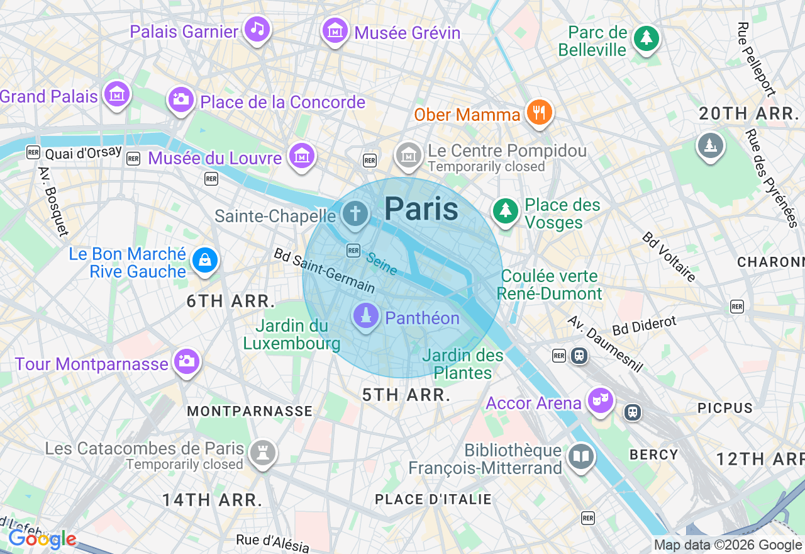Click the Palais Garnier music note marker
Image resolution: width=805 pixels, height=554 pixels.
pyautogui.click(x=257, y=29)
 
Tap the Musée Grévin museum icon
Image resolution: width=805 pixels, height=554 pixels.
pyautogui.click(x=335, y=30)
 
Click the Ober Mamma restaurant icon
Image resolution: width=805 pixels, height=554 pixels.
pyautogui.click(x=538, y=113)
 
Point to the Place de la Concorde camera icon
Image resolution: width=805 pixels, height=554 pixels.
pyautogui.click(x=181, y=99)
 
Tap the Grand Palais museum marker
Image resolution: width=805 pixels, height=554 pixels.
pyautogui.click(x=117, y=94)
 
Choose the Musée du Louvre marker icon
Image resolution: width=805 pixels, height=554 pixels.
pyautogui.click(x=301, y=155)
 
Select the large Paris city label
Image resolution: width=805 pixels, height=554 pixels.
pyautogui.click(x=421, y=208)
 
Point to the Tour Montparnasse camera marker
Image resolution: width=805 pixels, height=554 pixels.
pyautogui.click(x=186, y=361)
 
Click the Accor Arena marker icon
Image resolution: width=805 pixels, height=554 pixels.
pyautogui.click(x=600, y=400)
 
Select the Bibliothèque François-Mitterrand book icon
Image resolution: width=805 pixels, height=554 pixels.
pyautogui.click(x=580, y=457)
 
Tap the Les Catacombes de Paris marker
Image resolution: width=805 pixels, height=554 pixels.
pyautogui.click(x=262, y=453)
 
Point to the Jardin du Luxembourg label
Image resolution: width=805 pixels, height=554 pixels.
pyautogui.click(x=292, y=335)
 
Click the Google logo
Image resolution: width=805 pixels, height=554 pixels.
pyautogui.click(x=42, y=540)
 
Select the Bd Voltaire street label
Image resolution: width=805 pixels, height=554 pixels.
pyautogui.click(x=669, y=257)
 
